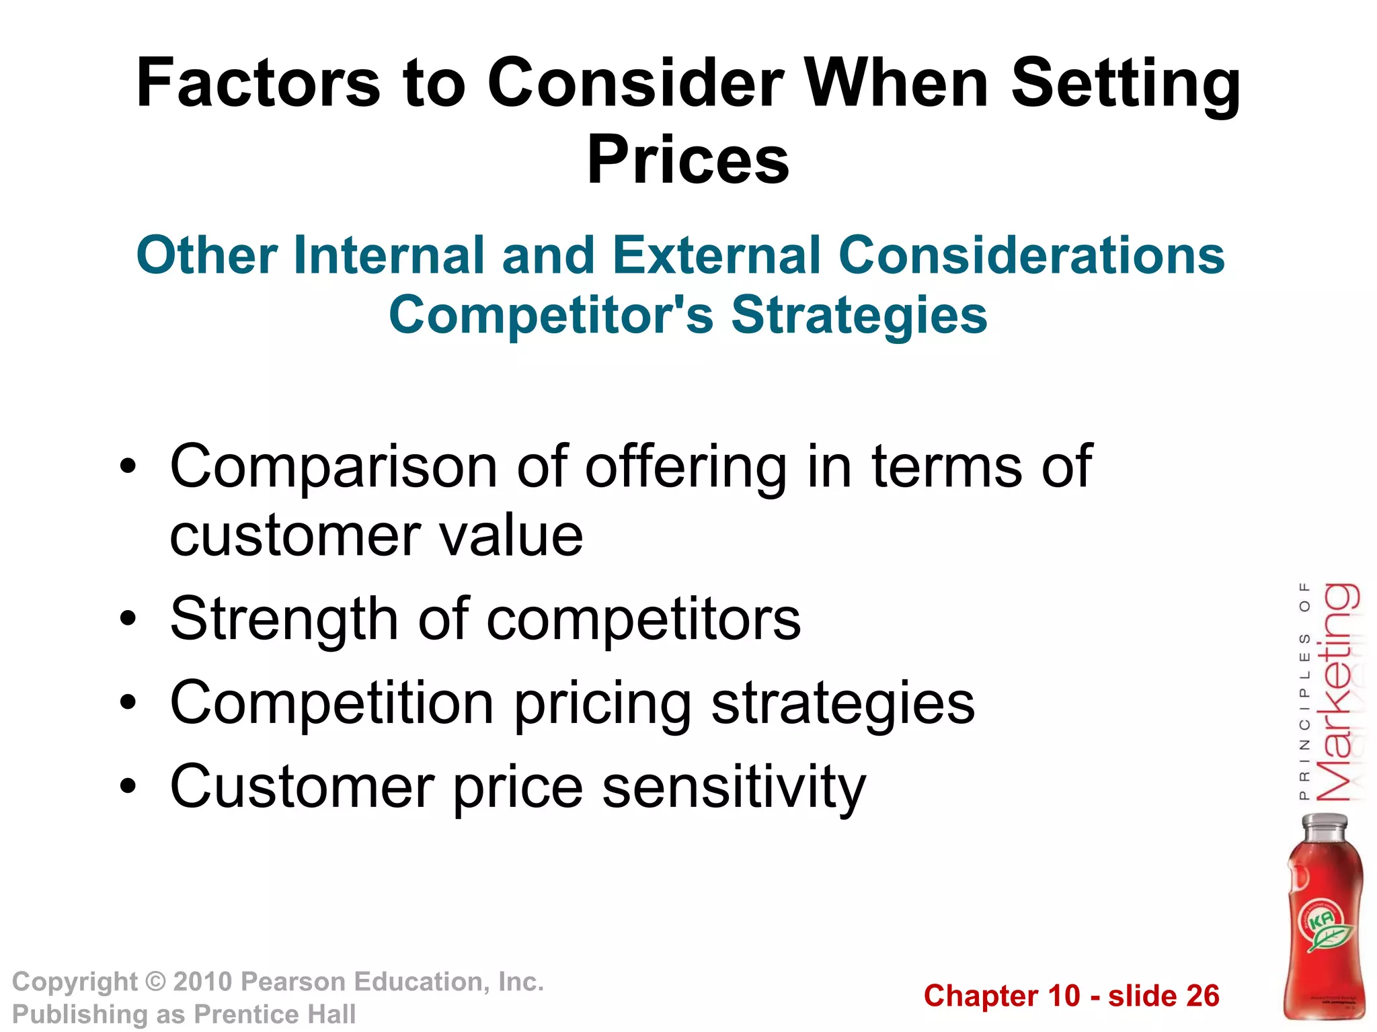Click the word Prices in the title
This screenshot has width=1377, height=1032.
point(688,160)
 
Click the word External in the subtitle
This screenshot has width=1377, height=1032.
point(717,255)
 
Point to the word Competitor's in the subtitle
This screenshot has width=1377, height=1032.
point(551,315)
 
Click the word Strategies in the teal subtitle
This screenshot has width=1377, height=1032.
point(859,315)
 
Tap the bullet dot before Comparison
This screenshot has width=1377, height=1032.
point(128,466)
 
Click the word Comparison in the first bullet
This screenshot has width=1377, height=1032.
point(333,466)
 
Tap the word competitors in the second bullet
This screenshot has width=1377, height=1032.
point(643,619)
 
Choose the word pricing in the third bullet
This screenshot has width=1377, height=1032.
point(602,703)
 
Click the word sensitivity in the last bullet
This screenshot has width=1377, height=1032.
point(734,786)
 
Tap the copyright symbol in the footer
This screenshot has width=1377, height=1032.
point(155,982)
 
